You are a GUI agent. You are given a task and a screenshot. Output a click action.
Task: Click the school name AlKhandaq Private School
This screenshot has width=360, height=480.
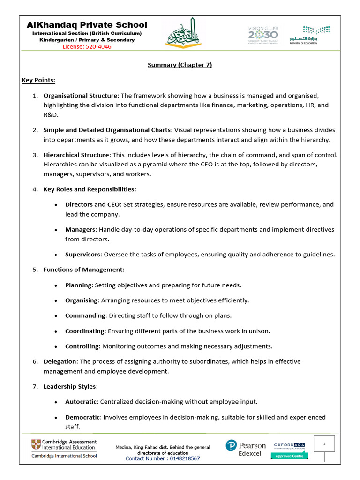point(87,25)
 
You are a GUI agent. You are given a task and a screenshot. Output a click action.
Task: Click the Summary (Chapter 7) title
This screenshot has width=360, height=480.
point(180,65)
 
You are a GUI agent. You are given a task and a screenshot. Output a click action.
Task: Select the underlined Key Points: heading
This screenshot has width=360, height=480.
point(38,80)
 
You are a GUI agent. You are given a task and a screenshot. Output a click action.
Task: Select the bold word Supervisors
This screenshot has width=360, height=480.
point(82,255)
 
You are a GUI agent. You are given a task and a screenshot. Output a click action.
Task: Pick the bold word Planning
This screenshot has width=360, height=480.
point(79,285)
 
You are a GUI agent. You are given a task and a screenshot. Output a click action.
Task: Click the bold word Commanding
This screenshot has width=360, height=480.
point(85,315)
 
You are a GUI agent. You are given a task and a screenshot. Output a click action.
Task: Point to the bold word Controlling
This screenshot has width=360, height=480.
point(82,346)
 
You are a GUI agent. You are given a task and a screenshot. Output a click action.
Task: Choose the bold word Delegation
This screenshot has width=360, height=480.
point(60,361)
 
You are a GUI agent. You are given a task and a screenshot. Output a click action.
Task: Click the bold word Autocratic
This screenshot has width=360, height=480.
point(82,402)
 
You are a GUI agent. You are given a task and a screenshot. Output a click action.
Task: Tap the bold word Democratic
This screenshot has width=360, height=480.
point(82,417)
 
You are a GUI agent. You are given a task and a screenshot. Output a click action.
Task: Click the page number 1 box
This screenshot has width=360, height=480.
point(324,443)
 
